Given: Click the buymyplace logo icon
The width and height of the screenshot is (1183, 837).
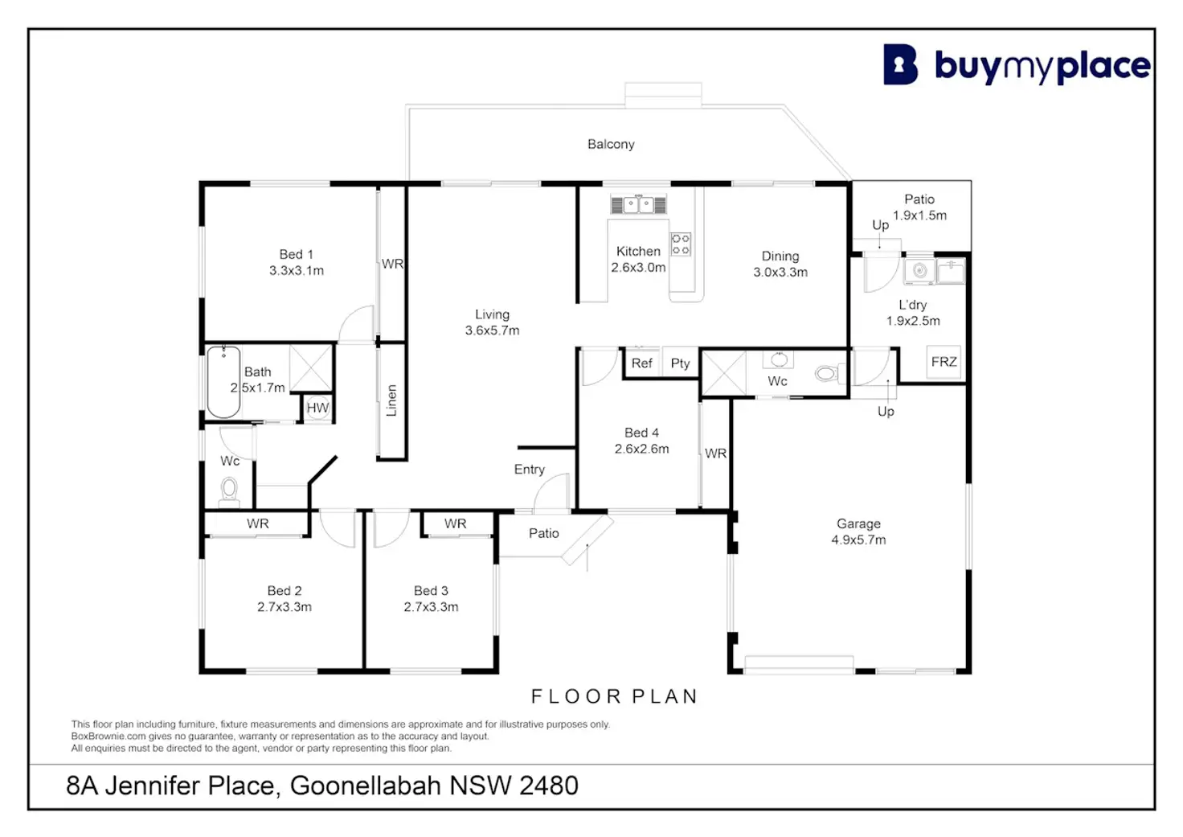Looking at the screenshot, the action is coord(900,64).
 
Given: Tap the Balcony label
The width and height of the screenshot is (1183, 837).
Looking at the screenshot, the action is coord(611,144).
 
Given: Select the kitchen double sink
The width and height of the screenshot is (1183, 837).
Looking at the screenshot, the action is coord(638,204).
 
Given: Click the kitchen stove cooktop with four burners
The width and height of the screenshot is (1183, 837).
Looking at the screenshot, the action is coord(680,244).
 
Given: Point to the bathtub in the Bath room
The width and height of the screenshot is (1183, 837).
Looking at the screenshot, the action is coord(223,381).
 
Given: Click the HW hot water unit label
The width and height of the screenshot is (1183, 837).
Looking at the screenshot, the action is coord(317,408).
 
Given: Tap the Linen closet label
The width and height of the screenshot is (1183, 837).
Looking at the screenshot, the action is coord(391,400).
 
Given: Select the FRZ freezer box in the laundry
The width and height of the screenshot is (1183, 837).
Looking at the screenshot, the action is coord(944,362).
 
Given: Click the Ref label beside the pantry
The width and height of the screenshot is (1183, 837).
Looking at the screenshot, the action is coord(642,363).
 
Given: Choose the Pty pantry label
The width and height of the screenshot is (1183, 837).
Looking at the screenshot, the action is coord(680,363).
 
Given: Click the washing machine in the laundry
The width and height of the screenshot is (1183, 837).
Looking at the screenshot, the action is coord(919,271).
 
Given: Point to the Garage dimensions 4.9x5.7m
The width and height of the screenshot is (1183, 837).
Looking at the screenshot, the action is coord(859,540).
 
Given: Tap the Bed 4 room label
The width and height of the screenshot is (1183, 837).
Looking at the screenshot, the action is coord(641,433).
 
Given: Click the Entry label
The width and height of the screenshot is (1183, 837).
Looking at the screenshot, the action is coord(529,470).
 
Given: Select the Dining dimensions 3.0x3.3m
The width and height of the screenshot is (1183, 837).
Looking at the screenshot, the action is coord(780,272).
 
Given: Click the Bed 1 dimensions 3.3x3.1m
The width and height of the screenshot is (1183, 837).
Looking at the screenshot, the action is coord(297,270).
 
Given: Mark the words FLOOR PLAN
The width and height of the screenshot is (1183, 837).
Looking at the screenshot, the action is coord(615,696).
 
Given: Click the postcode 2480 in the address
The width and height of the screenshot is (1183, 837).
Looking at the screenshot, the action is coord(549,786).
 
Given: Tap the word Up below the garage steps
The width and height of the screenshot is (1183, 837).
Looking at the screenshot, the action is coord(886,412).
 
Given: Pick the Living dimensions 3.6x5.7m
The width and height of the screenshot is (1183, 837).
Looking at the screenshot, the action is coord(492,330).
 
